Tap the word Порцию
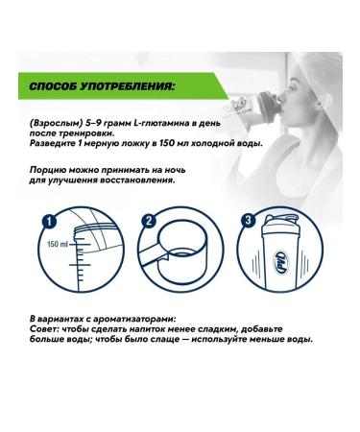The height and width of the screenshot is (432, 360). (50, 168)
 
